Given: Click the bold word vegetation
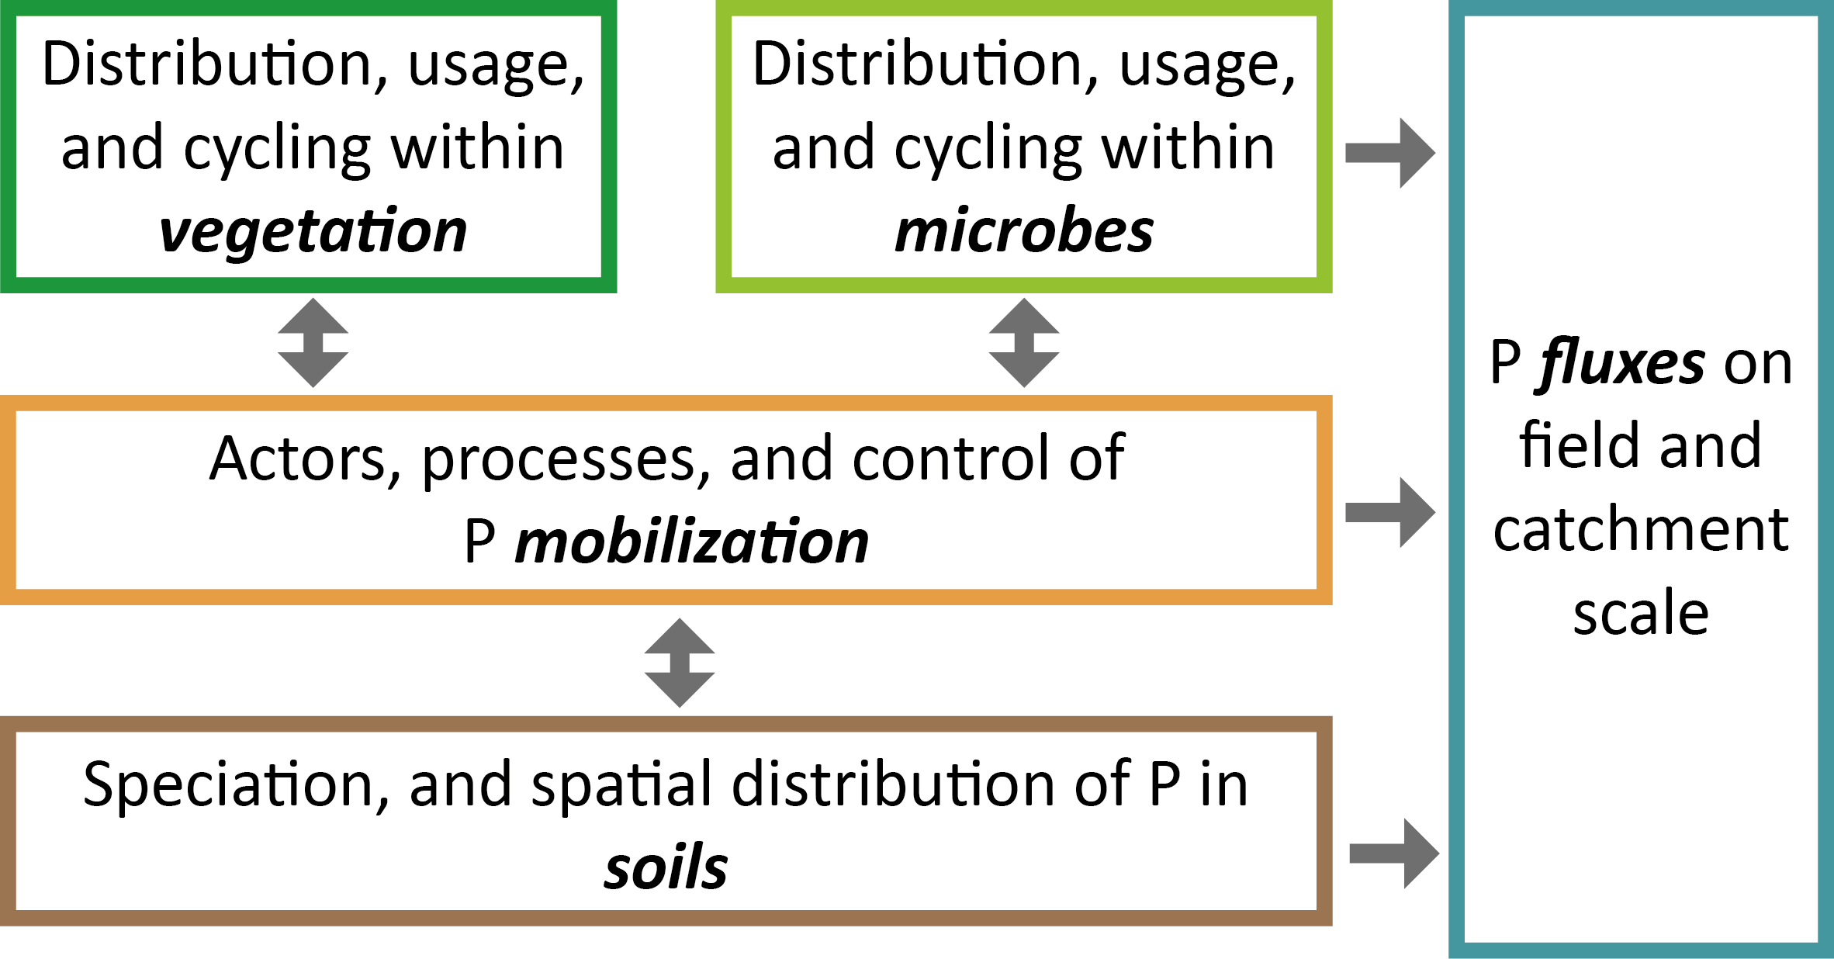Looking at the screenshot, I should click(313, 231).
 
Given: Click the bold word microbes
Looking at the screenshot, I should click(1023, 231).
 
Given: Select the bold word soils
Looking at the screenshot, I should click(666, 867).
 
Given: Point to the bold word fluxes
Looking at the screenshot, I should click(1622, 363).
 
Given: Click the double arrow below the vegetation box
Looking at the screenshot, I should click(313, 342).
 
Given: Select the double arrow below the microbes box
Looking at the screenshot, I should click(1023, 342).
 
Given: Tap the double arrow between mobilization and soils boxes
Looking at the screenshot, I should click(680, 663).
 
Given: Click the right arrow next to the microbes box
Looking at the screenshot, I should click(1389, 153).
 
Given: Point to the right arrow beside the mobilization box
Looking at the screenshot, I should click(1389, 512).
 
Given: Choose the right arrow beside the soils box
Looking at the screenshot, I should click(1393, 853).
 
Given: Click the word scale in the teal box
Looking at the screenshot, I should click(1641, 613).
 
